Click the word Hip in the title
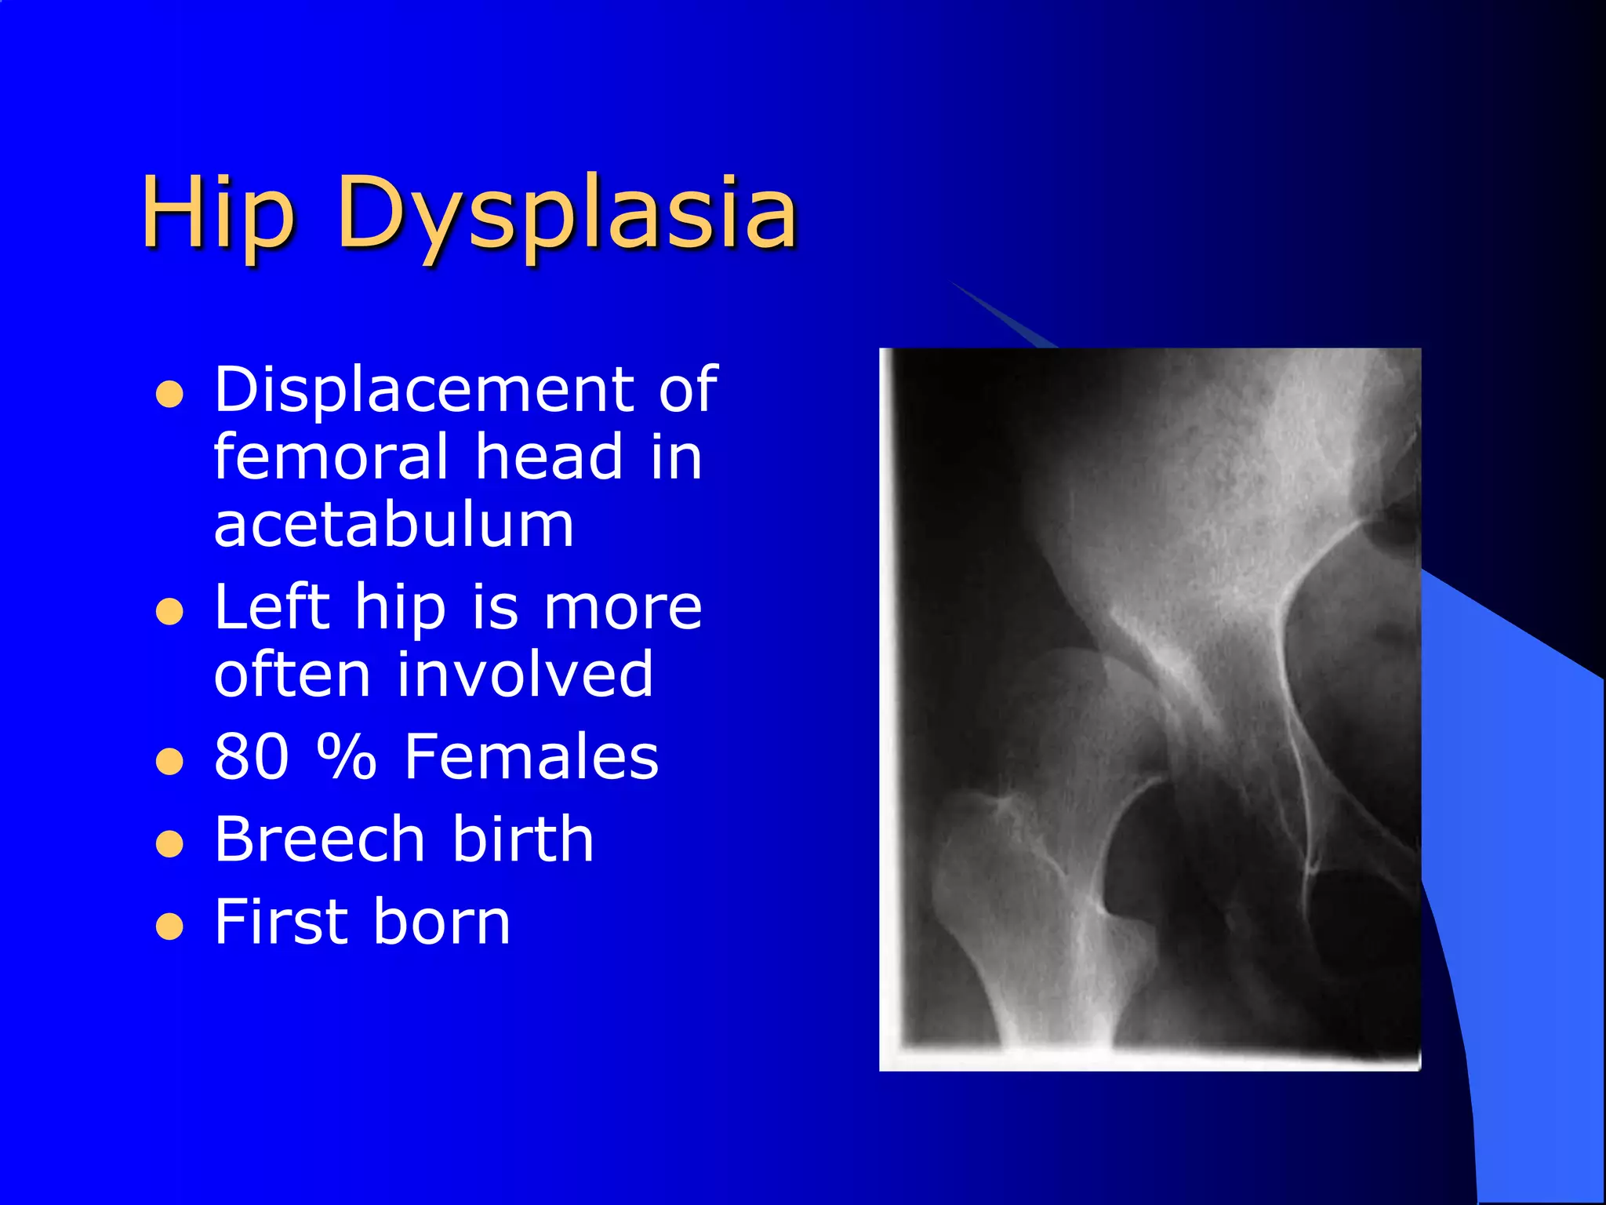click(x=218, y=213)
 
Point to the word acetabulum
click(x=394, y=525)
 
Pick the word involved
click(x=525, y=675)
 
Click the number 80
click(x=251, y=756)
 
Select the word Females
click(x=532, y=756)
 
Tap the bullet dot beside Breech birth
click(x=169, y=844)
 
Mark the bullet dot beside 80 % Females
click(x=169, y=761)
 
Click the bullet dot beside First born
click(x=169, y=927)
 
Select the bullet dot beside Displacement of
click(x=169, y=395)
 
